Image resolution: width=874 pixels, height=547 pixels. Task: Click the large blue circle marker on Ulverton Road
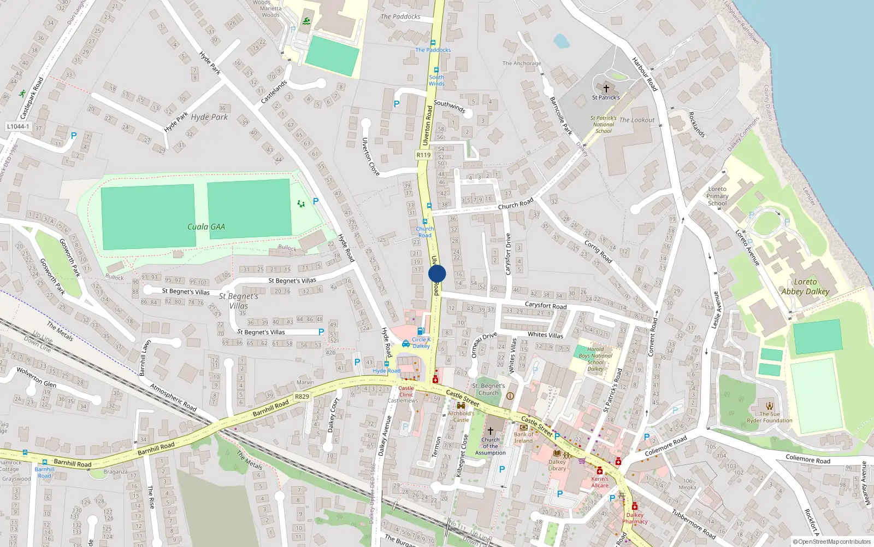[437, 273]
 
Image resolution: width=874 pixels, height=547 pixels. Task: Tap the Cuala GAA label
[206, 227]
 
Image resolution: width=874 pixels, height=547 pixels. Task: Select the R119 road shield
[424, 155]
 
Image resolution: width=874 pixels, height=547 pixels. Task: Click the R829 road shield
[302, 397]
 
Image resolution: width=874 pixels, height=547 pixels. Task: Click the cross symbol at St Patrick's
[606, 89]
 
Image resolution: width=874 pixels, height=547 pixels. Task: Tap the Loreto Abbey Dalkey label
[805, 287]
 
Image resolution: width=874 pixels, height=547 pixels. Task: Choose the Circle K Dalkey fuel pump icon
[421, 331]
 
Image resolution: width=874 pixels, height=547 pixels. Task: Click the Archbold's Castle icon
[460, 406]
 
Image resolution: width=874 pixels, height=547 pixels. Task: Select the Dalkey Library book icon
[557, 453]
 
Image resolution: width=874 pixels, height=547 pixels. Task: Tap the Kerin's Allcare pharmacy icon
[599, 471]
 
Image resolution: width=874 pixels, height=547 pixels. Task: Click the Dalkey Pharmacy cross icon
[634, 507]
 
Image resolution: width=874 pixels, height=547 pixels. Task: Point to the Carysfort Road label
[545, 305]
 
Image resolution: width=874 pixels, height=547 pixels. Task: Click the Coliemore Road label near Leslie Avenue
[665, 446]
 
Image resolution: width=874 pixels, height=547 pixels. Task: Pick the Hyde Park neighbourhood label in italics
[209, 117]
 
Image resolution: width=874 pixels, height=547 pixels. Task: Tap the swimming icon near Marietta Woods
[306, 22]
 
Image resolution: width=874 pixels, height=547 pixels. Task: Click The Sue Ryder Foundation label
[769, 417]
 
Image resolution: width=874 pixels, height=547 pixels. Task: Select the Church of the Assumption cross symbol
[490, 431]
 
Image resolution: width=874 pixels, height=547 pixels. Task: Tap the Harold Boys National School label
[595, 359]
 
